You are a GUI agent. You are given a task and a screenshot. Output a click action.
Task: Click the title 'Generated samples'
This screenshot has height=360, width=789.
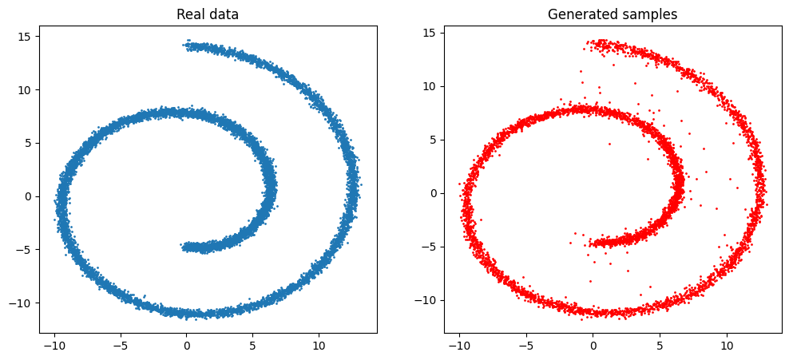(613, 14)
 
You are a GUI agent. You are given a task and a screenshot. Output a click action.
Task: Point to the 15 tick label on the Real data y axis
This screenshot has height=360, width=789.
(23, 36)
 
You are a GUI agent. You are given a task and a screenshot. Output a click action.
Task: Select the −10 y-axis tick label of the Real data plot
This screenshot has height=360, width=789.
(20, 303)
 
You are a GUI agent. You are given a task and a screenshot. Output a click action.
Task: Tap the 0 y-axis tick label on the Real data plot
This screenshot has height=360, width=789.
(26, 196)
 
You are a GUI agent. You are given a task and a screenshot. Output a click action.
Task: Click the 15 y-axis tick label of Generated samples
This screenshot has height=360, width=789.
(428, 33)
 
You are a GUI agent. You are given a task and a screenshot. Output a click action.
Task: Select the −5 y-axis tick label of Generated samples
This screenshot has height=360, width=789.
(425, 247)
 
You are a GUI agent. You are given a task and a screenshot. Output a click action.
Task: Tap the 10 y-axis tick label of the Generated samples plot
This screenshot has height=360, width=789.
(428, 86)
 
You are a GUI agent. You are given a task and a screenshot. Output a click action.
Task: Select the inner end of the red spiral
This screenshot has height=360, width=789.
(593, 243)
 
